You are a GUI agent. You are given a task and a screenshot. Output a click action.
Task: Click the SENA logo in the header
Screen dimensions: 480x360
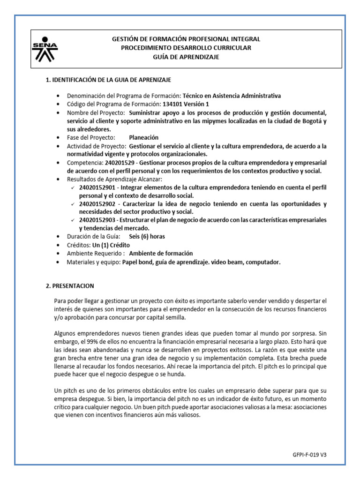45,48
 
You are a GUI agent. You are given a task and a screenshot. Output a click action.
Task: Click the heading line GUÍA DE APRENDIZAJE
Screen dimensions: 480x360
186,57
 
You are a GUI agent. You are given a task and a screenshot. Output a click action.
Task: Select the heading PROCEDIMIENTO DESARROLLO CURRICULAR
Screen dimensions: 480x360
186,48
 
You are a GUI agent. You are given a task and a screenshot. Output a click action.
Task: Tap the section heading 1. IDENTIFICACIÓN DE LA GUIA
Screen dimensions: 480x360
111,80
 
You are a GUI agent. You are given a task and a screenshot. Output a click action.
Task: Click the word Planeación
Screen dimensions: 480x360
143,137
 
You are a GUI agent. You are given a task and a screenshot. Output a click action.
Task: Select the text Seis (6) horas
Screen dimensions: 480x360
147,236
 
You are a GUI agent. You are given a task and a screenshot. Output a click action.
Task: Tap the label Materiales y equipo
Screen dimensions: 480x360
94,262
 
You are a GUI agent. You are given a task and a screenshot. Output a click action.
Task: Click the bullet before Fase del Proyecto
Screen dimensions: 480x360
58,138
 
